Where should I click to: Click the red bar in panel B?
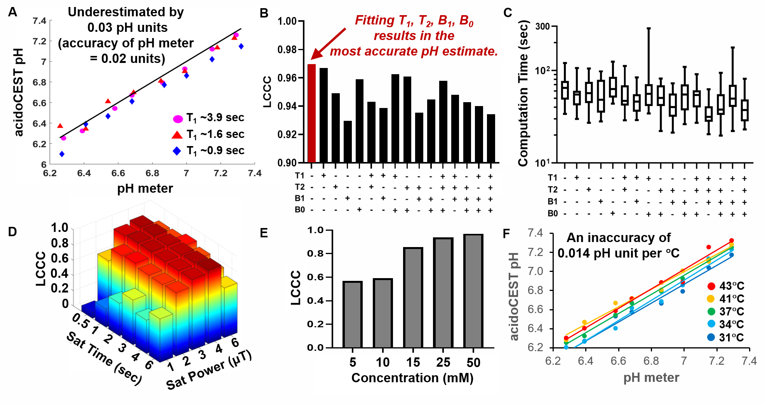pyautogui.click(x=311, y=113)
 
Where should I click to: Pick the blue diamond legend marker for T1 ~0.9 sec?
pyautogui.click(x=177, y=151)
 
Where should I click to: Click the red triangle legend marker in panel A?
pyautogui.click(x=177, y=135)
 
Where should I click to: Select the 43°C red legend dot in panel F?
pyautogui.click(x=711, y=286)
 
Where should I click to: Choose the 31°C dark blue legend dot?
pyautogui.click(x=711, y=337)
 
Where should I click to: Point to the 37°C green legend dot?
pyautogui.click(x=711, y=312)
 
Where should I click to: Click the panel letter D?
pyautogui.click(x=12, y=232)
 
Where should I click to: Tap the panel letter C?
pyautogui.click(x=508, y=13)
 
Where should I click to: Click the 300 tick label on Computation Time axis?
pyautogui.click(x=542, y=26)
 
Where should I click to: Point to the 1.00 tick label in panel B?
pyautogui.click(x=287, y=21)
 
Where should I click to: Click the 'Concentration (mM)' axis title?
pyautogui.click(x=412, y=378)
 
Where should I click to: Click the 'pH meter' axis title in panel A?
pyautogui.click(x=145, y=188)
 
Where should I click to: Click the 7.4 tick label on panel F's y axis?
pyautogui.click(x=535, y=233)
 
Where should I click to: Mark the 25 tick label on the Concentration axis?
pyautogui.click(x=443, y=362)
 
